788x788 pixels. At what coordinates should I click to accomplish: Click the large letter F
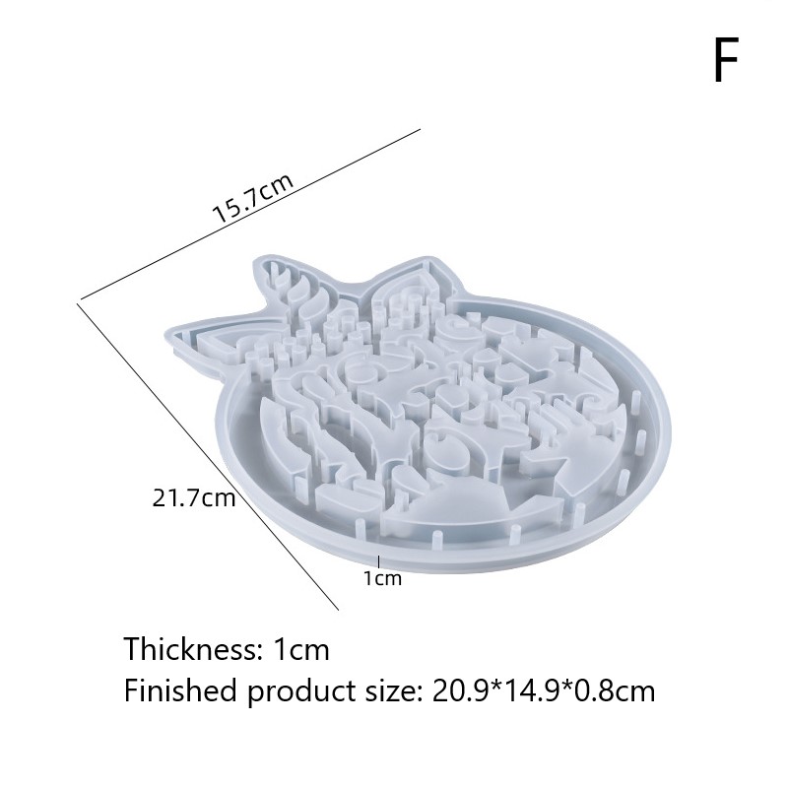(x=726, y=60)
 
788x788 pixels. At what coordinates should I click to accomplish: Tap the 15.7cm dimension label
(x=253, y=198)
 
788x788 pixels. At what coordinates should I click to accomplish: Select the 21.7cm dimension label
(x=194, y=497)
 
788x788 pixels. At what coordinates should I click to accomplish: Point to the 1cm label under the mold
(x=383, y=578)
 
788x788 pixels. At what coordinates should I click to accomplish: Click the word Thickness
(x=190, y=648)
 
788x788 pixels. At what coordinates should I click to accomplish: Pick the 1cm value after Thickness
(x=301, y=649)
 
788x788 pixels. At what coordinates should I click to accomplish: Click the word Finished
(x=180, y=690)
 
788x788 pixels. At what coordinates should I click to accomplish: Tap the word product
(x=302, y=692)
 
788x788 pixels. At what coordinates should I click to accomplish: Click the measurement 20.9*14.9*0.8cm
(x=544, y=690)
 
